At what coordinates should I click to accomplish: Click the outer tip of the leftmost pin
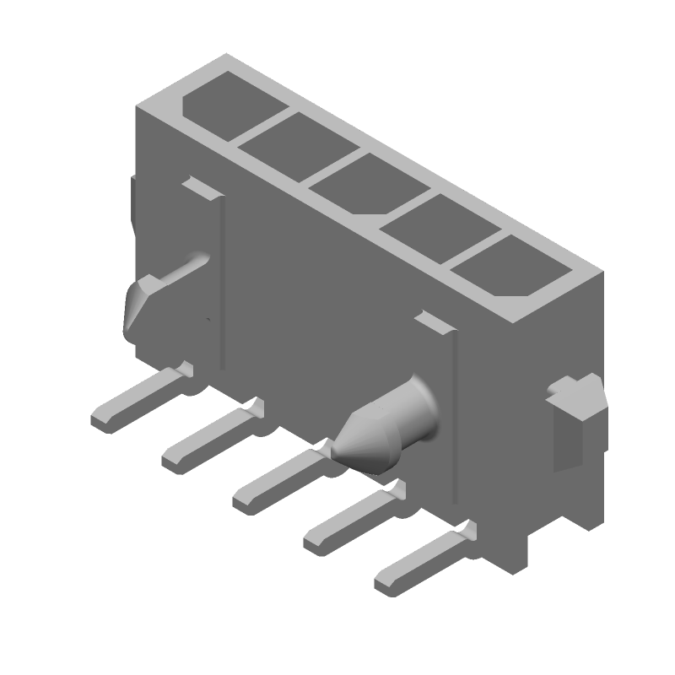[101, 420]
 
